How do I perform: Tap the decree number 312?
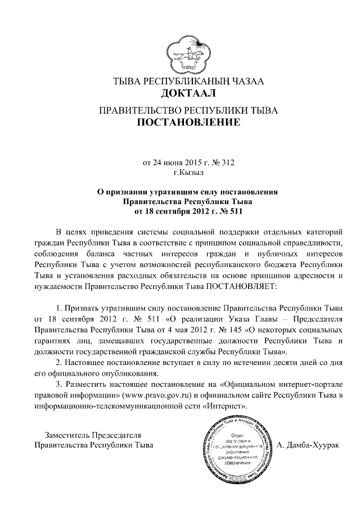[x=226, y=163]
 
